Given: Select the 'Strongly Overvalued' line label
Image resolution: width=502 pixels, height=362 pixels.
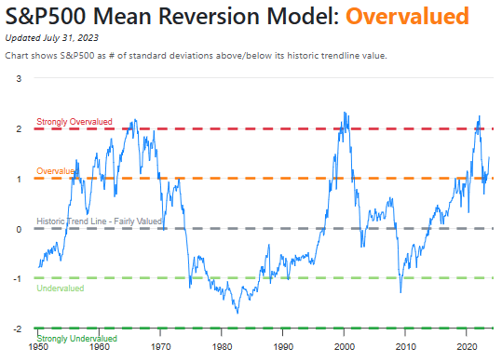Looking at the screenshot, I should pos(75,122).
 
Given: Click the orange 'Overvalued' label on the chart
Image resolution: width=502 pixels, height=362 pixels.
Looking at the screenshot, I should pos(56,171).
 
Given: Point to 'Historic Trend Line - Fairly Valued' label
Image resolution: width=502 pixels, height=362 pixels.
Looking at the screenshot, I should pos(101,221).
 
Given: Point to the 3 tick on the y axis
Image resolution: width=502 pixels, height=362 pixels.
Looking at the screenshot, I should pos(20,79).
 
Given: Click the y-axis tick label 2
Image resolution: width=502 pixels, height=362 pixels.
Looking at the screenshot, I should pos(20,129).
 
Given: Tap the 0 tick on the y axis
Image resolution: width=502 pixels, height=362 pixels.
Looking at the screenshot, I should pos(20,229).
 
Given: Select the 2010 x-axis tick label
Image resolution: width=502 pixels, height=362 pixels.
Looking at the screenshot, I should pos(406,346).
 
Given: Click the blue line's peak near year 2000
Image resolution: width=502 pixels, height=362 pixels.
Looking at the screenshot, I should pos(345,113).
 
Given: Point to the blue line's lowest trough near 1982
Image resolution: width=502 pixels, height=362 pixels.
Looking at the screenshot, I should pos(237,313).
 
